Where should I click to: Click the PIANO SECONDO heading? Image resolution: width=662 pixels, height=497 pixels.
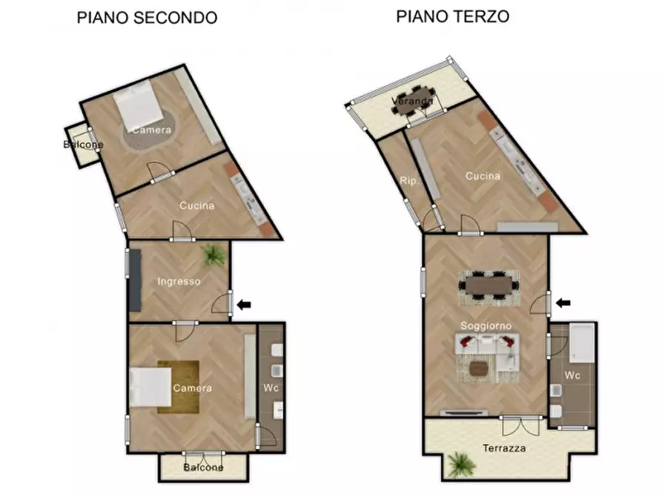[147, 18]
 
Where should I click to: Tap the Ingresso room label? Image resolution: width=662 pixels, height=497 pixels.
[179, 281]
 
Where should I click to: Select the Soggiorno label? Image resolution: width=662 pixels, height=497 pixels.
[486, 326]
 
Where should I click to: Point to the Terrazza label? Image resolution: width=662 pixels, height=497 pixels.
[504, 449]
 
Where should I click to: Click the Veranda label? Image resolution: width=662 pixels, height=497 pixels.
[413, 101]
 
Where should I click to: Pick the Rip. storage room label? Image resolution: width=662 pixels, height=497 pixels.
[407, 180]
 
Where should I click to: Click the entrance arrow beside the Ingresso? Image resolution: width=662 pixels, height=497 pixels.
[244, 303]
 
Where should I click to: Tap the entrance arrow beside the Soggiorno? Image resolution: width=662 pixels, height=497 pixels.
[564, 303]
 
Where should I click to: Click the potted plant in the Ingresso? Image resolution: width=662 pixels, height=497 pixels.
[214, 256]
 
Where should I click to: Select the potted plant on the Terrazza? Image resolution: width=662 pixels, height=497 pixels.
[460, 465]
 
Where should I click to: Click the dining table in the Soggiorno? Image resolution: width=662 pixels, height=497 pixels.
[488, 284]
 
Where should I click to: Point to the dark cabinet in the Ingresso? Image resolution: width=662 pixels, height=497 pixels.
[135, 280]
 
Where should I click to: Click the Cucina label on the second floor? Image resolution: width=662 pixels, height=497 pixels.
[196, 205]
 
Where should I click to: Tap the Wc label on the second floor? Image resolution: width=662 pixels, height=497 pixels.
[270, 387]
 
